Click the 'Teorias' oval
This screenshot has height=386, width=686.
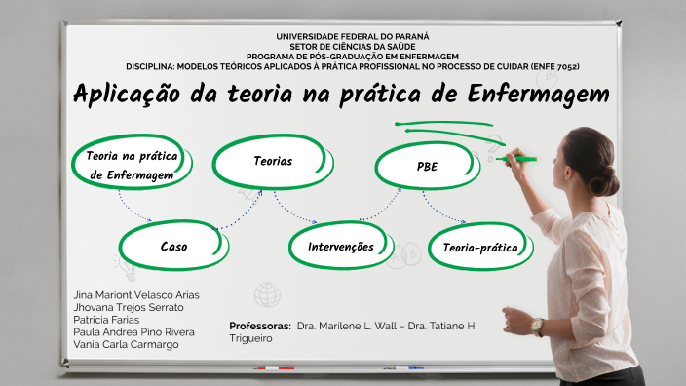273,161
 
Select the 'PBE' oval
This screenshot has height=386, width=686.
427,167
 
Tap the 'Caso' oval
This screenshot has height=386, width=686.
173,247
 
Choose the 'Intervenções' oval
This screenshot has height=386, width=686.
340,247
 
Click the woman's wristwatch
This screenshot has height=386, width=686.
537,327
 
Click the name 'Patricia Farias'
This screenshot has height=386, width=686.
106,319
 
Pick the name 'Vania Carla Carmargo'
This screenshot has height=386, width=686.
126,344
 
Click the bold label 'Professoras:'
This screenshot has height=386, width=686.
260,326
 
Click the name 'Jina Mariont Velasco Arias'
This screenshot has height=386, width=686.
136,294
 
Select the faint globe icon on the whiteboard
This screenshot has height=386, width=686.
267,293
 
